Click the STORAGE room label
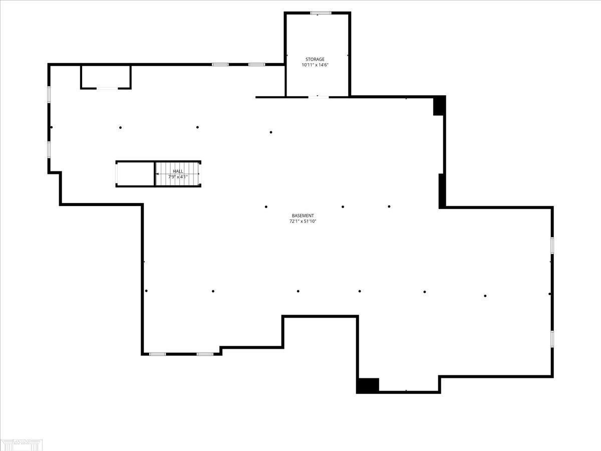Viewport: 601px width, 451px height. [x=315, y=59]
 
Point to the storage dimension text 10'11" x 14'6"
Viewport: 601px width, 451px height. [x=315, y=65]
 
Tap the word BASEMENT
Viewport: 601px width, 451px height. [x=303, y=215]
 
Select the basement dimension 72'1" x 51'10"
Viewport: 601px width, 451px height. [x=303, y=221]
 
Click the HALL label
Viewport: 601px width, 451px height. [x=178, y=171]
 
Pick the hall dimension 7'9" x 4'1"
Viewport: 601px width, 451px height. [x=178, y=177]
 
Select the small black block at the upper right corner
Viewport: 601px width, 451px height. [x=439, y=106]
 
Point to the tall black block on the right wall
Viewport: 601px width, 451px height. [x=442, y=190]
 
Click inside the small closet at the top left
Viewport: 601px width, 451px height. [x=106, y=77]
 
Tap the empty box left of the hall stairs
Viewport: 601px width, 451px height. [x=135, y=174]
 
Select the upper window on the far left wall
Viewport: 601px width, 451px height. [x=49, y=95]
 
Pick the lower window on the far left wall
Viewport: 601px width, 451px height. [x=49, y=149]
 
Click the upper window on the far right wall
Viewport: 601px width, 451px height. [x=552, y=245]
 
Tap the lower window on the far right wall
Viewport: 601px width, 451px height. [x=552, y=338]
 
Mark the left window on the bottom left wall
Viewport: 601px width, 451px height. [x=158, y=354]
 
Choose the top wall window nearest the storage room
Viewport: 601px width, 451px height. [x=257, y=64]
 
